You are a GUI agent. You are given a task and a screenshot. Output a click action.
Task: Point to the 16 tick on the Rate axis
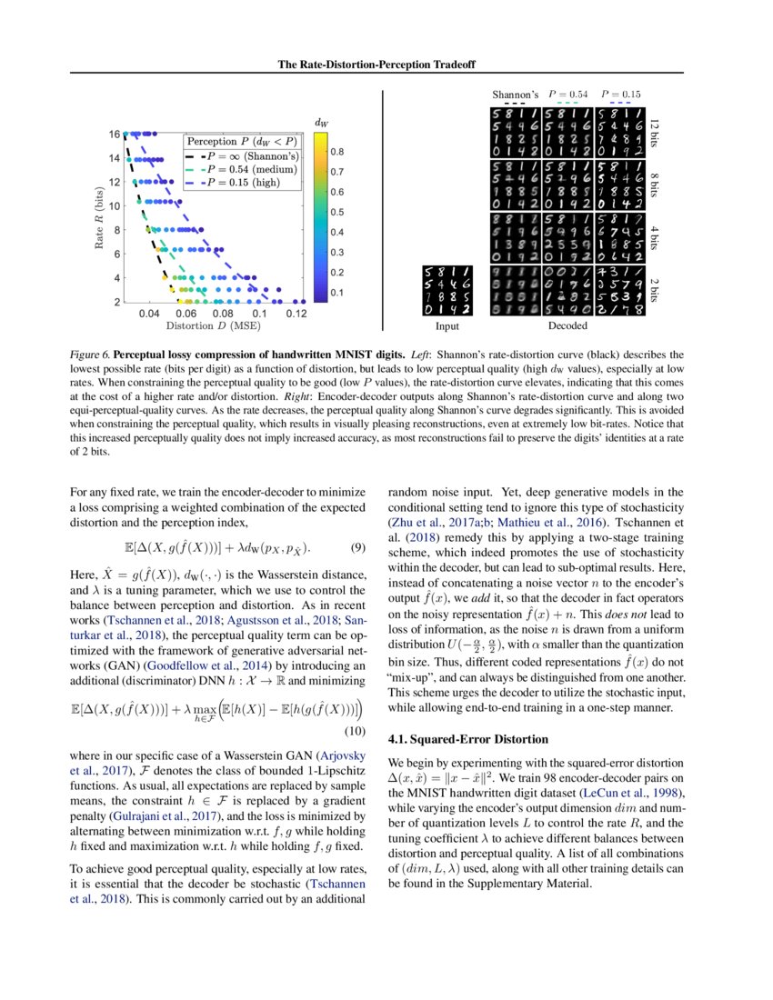point(115,135)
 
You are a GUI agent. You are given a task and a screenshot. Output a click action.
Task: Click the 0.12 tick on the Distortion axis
point(296,313)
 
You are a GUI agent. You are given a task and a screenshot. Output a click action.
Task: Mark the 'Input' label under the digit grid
point(447,325)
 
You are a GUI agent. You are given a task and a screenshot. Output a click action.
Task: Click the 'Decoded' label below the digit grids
point(565,325)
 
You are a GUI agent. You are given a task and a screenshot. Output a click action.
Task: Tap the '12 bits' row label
point(659,135)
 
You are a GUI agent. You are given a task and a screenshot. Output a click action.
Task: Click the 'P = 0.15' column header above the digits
point(620,94)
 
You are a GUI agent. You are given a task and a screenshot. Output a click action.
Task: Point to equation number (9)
point(357,548)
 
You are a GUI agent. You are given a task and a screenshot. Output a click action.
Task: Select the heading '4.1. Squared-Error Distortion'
point(467,738)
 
